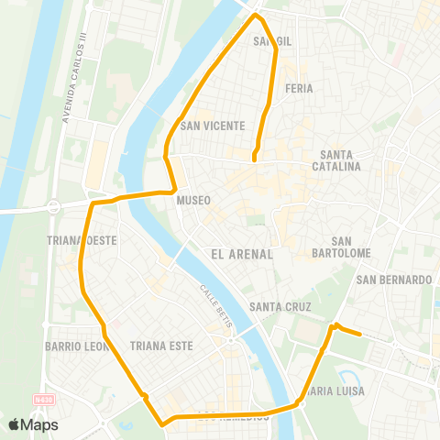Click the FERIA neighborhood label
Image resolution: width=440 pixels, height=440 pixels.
299,89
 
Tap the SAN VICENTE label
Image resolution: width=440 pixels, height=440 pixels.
212,126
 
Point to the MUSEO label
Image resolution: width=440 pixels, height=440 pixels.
195,200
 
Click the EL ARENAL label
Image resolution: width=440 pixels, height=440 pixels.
242,254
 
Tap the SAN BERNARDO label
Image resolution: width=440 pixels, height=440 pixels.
394,280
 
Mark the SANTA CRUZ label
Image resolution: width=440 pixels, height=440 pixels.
280,307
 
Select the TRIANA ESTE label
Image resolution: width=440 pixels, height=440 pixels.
159,346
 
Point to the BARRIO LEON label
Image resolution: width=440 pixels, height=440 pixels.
77,346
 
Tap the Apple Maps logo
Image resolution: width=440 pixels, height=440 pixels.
33,424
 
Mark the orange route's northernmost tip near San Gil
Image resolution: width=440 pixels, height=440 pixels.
257,16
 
